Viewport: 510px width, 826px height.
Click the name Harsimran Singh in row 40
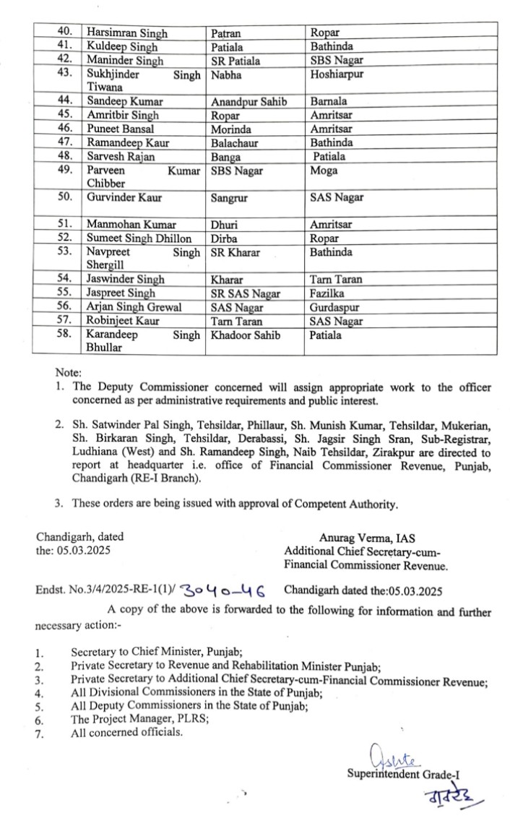pos(127,33)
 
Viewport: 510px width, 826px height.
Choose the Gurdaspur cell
pos(335,307)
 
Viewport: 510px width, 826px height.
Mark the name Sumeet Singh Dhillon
pos(139,238)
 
